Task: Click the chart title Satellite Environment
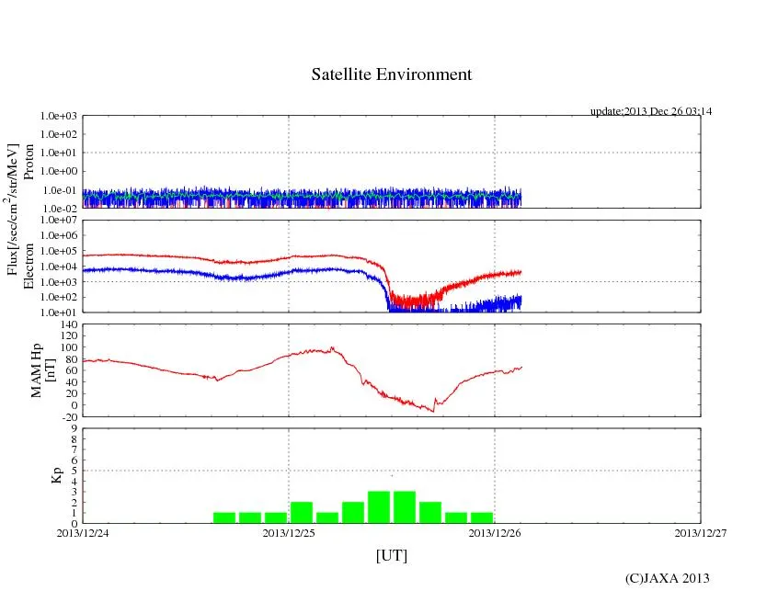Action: [x=391, y=74]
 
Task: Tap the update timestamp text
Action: [x=651, y=111]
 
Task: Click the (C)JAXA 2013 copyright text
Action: [x=667, y=578]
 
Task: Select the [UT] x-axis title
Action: [x=391, y=555]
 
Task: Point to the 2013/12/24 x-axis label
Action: [x=83, y=532]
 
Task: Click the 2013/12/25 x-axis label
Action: [x=289, y=532]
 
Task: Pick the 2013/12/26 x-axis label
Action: [x=495, y=532]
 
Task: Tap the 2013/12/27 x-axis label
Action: [x=701, y=532]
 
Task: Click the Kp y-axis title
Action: [x=55, y=475]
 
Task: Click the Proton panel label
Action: [x=29, y=161]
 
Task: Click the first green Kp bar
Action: [x=224, y=517]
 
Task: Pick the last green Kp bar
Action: [x=482, y=517]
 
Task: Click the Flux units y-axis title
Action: [x=13, y=210]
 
